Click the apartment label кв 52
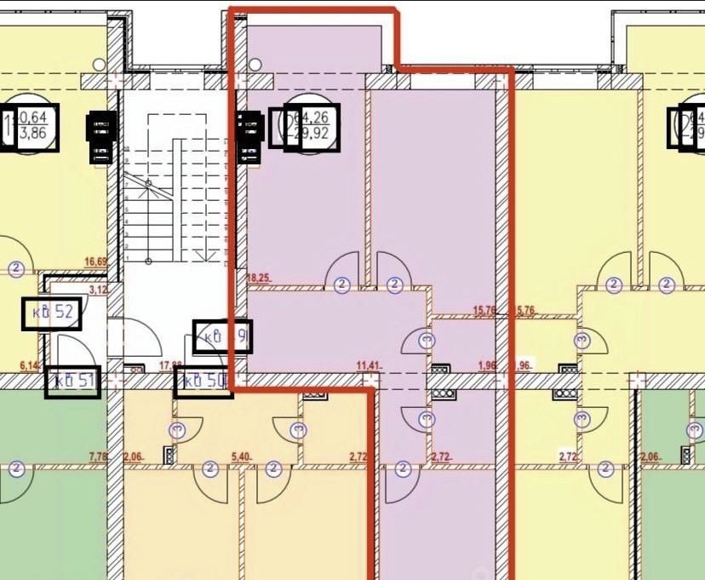[52, 314]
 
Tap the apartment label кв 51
[72, 382]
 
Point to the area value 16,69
[95, 263]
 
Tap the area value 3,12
[100, 290]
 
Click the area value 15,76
[484, 311]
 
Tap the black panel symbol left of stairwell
[100, 137]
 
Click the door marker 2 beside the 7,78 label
[15, 468]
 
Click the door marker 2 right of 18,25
[341, 284]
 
